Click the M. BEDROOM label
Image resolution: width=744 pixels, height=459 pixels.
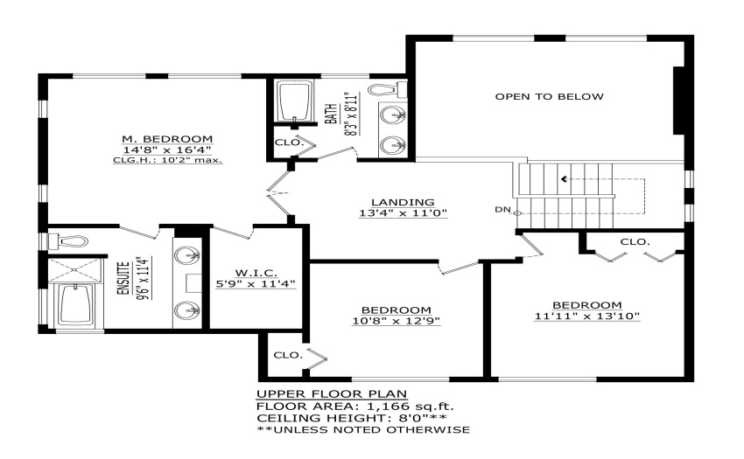(x=167, y=139)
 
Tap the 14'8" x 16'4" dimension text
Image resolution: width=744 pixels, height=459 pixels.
(x=167, y=150)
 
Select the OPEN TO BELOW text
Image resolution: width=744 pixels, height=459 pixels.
(x=550, y=97)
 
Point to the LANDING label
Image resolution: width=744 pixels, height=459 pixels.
(x=403, y=203)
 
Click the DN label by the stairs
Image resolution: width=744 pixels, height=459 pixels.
(x=502, y=209)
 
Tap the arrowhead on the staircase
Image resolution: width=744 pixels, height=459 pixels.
(x=564, y=179)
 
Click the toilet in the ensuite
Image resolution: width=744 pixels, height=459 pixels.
(x=68, y=241)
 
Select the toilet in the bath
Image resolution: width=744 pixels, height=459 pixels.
(x=388, y=89)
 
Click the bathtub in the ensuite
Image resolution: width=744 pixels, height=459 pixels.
(x=77, y=305)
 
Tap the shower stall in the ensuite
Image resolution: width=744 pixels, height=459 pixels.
(x=75, y=269)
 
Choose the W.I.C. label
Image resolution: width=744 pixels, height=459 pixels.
(x=256, y=273)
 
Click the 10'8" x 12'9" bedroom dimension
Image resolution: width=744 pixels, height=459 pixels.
(x=397, y=321)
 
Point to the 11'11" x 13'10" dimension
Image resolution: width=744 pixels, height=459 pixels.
(x=587, y=316)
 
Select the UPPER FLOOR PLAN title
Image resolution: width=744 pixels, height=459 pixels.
(x=332, y=394)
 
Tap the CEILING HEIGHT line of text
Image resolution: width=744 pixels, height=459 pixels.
(x=352, y=418)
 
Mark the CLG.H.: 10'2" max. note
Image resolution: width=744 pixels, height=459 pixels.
(x=167, y=160)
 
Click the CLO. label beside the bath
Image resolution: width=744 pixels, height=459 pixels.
(x=289, y=143)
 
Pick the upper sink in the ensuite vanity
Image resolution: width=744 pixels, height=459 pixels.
(x=187, y=255)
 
